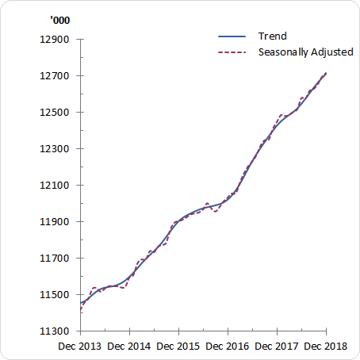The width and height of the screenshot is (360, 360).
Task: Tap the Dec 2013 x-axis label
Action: pyautogui.click(x=80, y=347)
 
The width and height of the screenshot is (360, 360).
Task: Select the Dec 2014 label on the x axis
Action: pyautogui.click(x=129, y=347)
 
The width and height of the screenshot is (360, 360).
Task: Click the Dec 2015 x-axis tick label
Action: pyautogui.click(x=178, y=347)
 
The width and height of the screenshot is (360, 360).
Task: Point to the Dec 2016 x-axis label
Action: pyautogui.click(x=228, y=347)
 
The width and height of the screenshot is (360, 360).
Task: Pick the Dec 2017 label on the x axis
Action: pyautogui.click(x=277, y=347)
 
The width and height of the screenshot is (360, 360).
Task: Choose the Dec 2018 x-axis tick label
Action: pyautogui.click(x=326, y=347)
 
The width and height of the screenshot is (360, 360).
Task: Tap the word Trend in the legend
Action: pyautogui.click(x=272, y=36)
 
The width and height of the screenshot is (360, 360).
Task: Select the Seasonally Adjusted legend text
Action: pyautogui.click(x=305, y=52)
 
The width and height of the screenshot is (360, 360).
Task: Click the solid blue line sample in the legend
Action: pyautogui.click(x=234, y=36)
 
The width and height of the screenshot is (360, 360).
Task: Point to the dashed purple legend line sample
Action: pyautogui.click(x=234, y=53)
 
